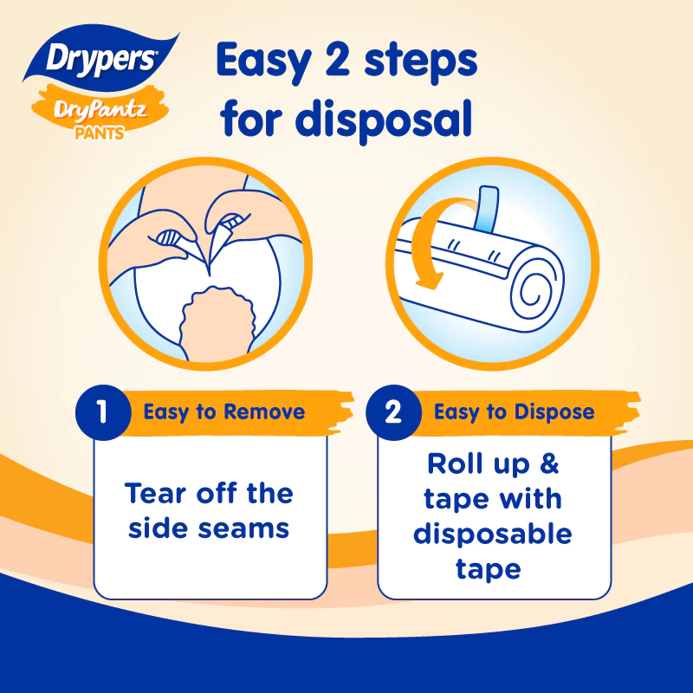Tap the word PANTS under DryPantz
[100, 133]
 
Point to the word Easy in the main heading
[264, 62]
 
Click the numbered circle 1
[103, 412]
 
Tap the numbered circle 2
[393, 412]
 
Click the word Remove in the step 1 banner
[264, 411]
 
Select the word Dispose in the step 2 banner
[554, 412]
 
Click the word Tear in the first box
[155, 493]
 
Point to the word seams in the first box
[243, 528]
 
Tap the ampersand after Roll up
[549, 463]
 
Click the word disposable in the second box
[493, 534]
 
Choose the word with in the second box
[530, 499]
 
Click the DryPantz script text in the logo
[100, 110]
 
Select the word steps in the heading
[420, 62]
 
